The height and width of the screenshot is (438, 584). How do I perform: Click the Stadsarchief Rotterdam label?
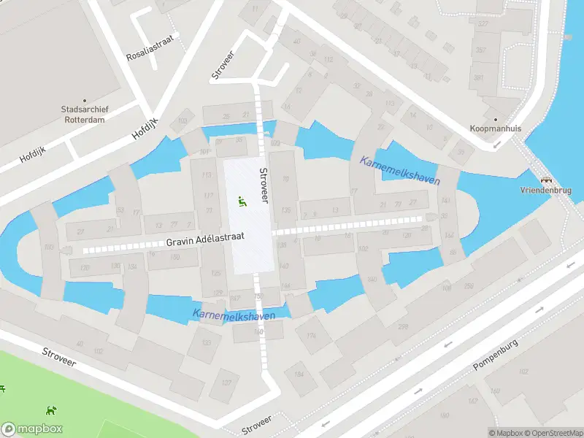coord(85,115)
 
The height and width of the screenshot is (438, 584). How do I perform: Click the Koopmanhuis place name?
coord(496,128)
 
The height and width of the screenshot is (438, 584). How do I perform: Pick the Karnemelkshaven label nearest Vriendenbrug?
coord(399,169)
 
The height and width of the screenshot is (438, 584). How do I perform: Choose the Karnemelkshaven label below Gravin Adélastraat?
coord(234,315)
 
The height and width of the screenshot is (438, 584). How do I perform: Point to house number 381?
coord(479,77)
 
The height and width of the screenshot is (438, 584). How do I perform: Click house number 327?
coord(483,24)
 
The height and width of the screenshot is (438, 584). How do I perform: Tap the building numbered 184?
coord(299,374)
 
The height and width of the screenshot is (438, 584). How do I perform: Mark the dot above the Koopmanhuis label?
coord(496,119)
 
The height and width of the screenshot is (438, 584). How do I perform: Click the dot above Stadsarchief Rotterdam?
coord(85,101)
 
